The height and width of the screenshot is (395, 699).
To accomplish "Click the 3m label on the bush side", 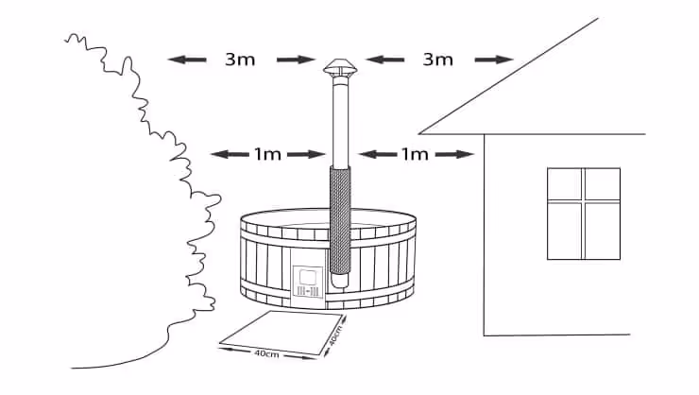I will pos(238,60).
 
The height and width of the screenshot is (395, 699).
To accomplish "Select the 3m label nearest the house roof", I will pos(437,60).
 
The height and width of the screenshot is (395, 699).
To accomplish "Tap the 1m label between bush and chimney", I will pos(267,154).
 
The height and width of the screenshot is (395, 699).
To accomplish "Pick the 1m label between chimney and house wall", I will pos(416,154).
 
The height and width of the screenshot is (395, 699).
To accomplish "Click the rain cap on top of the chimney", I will pos(337,68).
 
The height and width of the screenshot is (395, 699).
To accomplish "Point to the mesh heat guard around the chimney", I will pos(339,222).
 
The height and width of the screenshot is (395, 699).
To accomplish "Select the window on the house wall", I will pos(584,214).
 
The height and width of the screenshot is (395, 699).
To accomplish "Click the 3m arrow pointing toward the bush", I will pos(187,60).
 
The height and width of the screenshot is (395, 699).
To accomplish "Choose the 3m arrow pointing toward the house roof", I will pos(494,60).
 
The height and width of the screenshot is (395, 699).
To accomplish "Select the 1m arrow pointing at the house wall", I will pos(460,154).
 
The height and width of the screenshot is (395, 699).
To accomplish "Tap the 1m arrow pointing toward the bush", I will pos(227,154).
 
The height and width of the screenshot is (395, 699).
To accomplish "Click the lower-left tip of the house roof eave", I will pos(419,133).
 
